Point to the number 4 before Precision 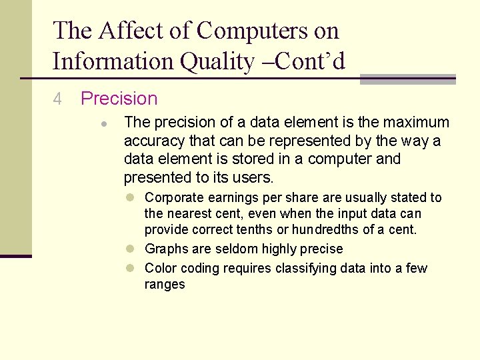57,99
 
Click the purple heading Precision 119,99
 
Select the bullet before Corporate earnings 133,198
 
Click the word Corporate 173,197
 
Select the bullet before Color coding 133,268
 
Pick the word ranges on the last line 165,285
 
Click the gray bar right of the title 407,79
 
